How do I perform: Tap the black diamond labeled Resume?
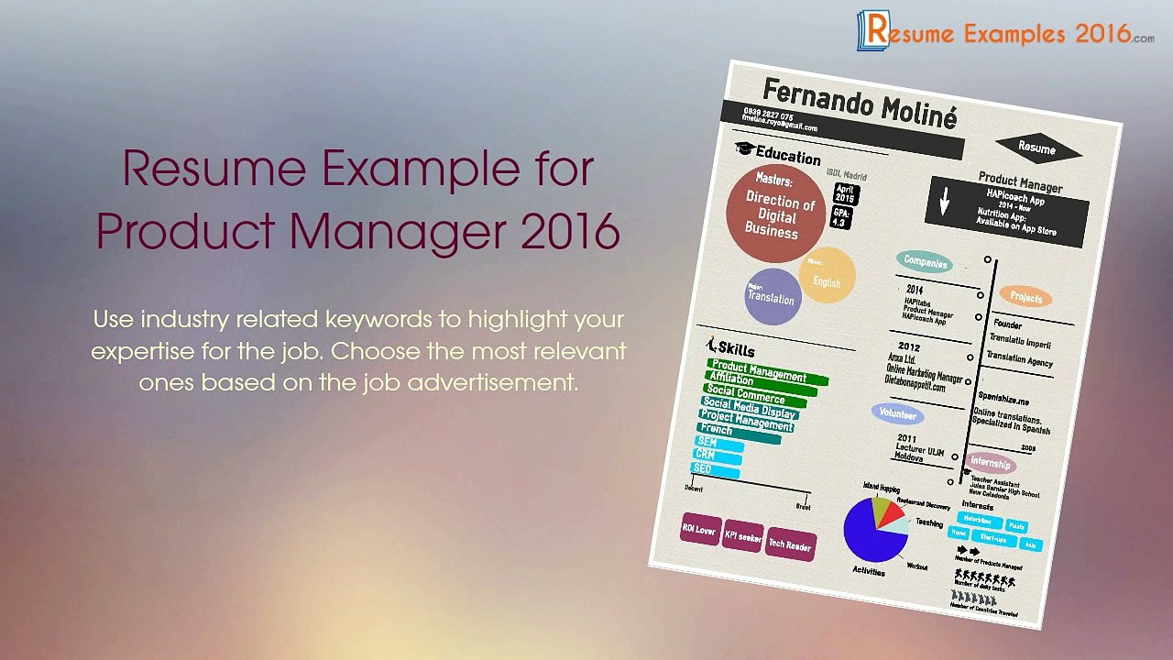1036,148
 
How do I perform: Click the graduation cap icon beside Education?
743,149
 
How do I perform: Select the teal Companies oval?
925,262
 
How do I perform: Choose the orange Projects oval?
1025,297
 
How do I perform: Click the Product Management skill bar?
768,371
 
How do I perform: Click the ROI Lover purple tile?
698,531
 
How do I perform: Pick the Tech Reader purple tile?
790,544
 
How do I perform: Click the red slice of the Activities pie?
891,513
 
